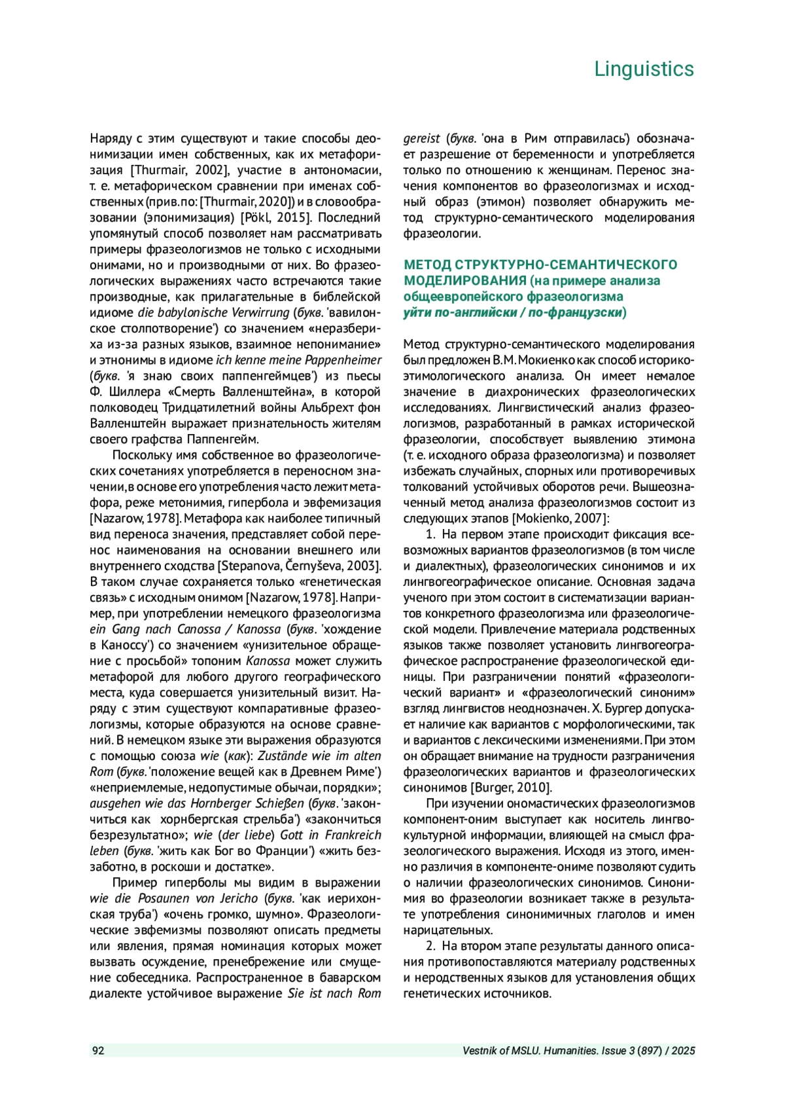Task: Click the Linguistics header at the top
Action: pyautogui.click(x=644, y=69)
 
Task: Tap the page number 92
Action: pyautogui.click(x=97, y=1051)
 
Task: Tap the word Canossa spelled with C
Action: pyautogui.click(x=199, y=629)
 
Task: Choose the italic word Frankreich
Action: pyautogui.click(x=353, y=835)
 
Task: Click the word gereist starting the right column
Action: pyautogui.click(x=421, y=139)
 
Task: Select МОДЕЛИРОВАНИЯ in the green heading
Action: pyautogui.click(x=465, y=281)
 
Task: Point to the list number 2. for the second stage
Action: pyautogui.click(x=431, y=946)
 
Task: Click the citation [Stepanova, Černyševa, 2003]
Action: pyautogui.click(x=300, y=566)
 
